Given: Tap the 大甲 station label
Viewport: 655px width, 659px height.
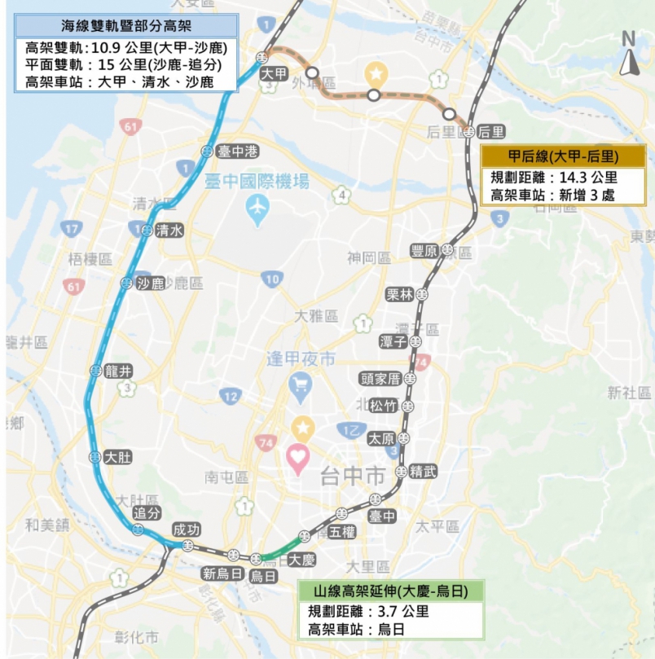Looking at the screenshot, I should [275, 73].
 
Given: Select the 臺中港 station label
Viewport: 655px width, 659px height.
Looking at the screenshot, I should [238, 152].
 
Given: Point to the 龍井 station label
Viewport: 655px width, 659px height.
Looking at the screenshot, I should [119, 371].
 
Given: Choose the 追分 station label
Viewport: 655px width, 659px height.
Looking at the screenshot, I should [147, 513].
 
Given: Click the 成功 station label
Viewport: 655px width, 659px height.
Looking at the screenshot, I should [186, 529].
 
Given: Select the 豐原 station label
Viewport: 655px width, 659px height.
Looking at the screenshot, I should [424, 252].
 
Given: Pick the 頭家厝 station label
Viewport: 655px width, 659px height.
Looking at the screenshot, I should [380, 379].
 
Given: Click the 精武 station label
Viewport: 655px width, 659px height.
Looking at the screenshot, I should [424, 471].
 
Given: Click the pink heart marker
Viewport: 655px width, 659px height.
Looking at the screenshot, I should [298, 459].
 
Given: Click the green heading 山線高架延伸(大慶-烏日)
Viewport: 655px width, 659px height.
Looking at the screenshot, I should [390, 591].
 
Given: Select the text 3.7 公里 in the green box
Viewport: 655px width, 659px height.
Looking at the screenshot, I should [400, 611].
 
